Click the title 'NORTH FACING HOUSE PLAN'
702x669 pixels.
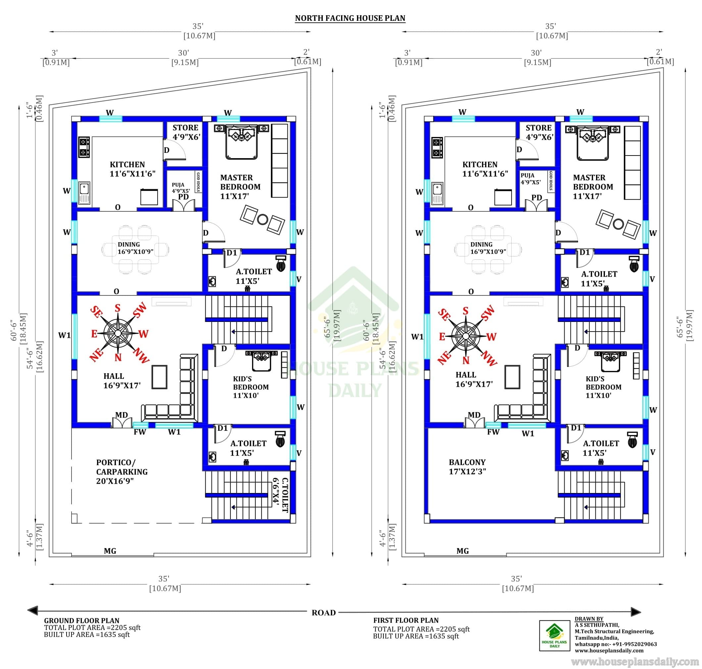(x=350, y=18)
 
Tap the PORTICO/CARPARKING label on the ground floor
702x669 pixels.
(x=122, y=471)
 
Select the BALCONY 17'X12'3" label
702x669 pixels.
(x=468, y=467)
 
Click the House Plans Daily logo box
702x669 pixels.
(x=555, y=640)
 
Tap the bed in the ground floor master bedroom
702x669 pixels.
(x=241, y=142)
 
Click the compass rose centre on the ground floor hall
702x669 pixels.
(x=118, y=333)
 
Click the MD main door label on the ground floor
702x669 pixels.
(x=121, y=415)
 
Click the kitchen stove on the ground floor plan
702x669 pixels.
(x=84, y=147)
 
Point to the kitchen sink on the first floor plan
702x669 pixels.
(x=437, y=193)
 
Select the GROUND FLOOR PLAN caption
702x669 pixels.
(x=82, y=620)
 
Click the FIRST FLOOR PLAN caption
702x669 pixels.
(x=406, y=620)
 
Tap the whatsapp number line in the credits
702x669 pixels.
(x=616, y=644)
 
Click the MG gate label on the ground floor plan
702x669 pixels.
(x=110, y=551)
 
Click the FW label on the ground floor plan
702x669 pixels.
(x=140, y=432)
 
